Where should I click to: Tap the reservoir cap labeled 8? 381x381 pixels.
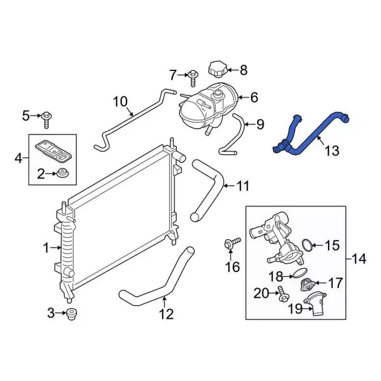[x=217, y=69]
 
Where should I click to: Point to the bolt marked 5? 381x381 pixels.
[x=46, y=120]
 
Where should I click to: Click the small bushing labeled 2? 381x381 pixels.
[x=63, y=174]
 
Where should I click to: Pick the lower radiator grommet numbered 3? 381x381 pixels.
[x=71, y=314]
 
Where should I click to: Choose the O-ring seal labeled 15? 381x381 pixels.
[x=307, y=245]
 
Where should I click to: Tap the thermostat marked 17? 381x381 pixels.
[x=308, y=285]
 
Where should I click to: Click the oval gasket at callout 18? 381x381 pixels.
[x=300, y=273]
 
